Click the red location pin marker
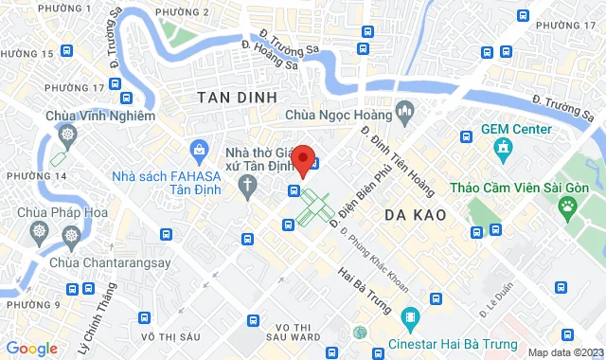(303, 160)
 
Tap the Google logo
(31, 348)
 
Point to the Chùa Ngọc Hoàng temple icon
(405, 115)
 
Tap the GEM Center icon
(502, 149)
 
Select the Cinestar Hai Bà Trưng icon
(410, 316)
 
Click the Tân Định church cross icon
(246, 183)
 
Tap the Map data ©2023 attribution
(563, 352)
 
